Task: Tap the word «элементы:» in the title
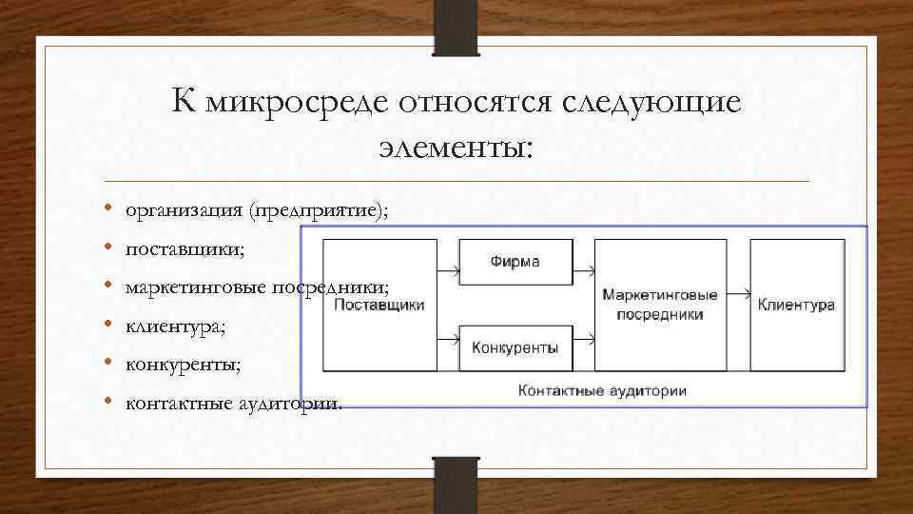[x=456, y=147]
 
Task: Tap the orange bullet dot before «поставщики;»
[x=109, y=248]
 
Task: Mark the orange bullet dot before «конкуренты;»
[x=109, y=364]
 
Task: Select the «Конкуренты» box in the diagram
[x=515, y=347]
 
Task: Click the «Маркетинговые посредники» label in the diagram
[x=660, y=305]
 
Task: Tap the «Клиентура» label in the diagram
[x=796, y=305]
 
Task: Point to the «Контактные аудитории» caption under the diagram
[x=602, y=390]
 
